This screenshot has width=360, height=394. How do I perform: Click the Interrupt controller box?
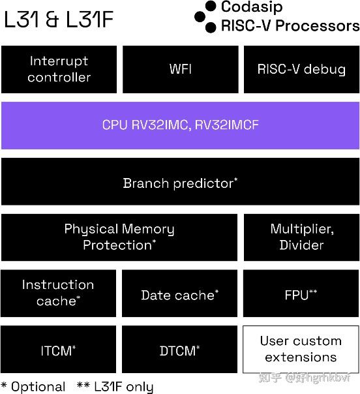(x=59, y=69)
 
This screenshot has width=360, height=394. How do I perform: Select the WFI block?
(x=180, y=69)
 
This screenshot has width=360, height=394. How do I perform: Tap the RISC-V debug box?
(x=301, y=69)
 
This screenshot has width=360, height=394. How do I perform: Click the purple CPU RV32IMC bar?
(x=180, y=125)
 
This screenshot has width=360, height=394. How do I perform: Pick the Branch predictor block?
(x=180, y=183)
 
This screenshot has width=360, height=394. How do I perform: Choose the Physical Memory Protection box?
(x=119, y=237)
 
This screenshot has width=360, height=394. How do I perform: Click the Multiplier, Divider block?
(x=301, y=237)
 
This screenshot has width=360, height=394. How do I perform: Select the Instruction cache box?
(x=58, y=293)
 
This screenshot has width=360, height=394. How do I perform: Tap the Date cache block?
(x=179, y=295)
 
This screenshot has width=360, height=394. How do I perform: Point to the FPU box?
(x=301, y=295)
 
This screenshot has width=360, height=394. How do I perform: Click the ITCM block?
(x=58, y=351)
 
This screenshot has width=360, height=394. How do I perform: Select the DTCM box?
(x=179, y=351)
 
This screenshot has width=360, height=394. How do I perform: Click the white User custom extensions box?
(x=301, y=350)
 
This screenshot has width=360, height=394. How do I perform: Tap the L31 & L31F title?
(x=58, y=20)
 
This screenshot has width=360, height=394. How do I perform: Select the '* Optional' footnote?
(x=33, y=386)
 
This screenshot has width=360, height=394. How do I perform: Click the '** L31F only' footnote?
(x=115, y=386)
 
